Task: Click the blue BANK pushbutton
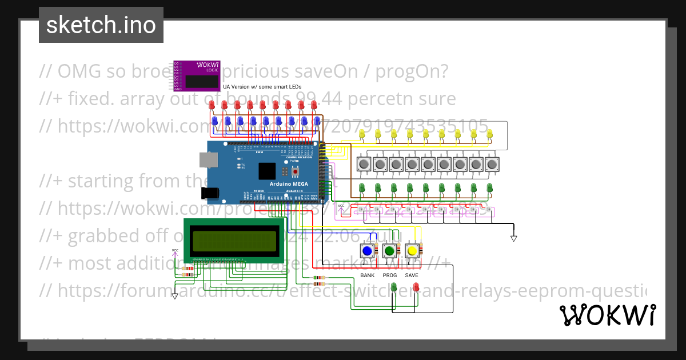click(368, 251)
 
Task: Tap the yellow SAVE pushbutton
click(412, 251)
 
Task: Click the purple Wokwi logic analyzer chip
click(197, 76)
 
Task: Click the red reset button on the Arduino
click(295, 171)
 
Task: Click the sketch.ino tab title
click(101, 25)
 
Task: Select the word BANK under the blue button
click(368, 275)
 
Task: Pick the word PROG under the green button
click(390, 275)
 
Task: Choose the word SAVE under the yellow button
click(412, 275)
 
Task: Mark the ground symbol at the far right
click(513, 238)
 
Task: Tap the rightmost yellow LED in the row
click(490, 134)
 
